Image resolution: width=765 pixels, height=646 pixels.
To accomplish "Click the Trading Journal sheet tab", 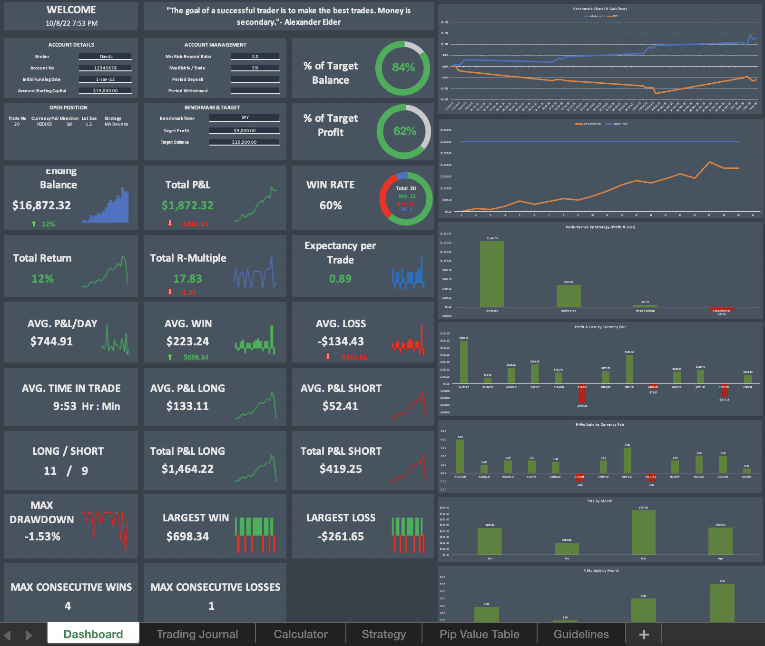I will pyautogui.click(x=197, y=634).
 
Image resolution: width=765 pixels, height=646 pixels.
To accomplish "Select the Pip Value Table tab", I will pyautogui.click(x=479, y=634).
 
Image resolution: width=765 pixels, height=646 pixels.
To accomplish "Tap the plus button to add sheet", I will pyautogui.click(x=644, y=634).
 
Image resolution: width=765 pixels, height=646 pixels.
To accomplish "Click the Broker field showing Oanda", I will pyautogui.click(x=106, y=56).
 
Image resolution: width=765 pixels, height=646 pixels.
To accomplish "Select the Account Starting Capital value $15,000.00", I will pyautogui.click(x=106, y=90).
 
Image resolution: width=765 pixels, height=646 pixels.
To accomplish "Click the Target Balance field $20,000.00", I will pyautogui.click(x=244, y=142).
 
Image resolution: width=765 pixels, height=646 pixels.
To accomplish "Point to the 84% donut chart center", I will pyautogui.click(x=403, y=68).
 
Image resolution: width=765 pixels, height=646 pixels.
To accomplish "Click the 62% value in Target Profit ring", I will pyautogui.click(x=404, y=131).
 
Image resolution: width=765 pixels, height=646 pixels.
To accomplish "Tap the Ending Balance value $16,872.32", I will pyautogui.click(x=42, y=206).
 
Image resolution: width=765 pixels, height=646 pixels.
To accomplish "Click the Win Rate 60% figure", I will pyautogui.click(x=331, y=206).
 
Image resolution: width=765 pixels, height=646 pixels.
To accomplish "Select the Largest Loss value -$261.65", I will pyautogui.click(x=341, y=537).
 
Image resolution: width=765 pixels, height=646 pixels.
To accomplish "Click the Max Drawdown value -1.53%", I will pyautogui.click(x=42, y=537).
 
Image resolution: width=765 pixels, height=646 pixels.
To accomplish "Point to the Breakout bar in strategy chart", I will pyautogui.click(x=492, y=274).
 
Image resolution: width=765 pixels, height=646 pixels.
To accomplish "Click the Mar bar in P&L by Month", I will pyautogui.click(x=643, y=532).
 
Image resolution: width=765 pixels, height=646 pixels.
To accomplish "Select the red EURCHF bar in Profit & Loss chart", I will pyautogui.click(x=582, y=393).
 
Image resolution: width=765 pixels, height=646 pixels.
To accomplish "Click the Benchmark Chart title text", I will pyautogui.click(x=600, y=9).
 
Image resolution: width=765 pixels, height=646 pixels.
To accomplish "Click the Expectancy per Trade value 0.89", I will pyautogui.click(x=340, y=279).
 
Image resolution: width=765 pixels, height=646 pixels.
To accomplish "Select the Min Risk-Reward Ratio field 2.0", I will pyautogui.click(x=255, y=56).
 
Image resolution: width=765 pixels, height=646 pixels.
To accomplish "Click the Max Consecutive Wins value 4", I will pyautogui.click(x=68, y=606).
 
